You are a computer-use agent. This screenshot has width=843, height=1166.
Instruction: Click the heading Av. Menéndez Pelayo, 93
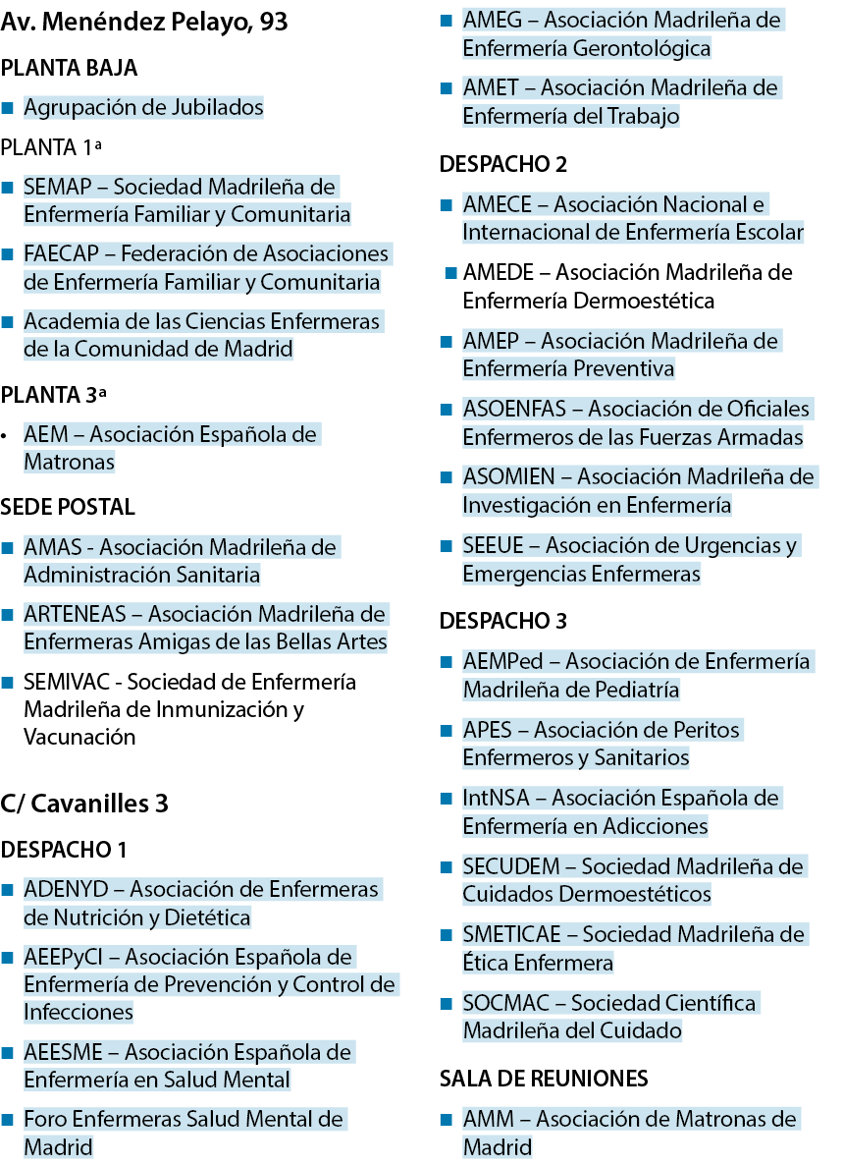pyautogui.click(x=144, y=23)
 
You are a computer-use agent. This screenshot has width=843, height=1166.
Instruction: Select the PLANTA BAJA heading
pyautogui.click(x=69, y=69)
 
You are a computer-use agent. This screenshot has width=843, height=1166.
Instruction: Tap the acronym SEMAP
pyautogui.click(x=58, y=187)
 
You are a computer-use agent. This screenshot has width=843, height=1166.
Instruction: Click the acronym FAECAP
pyautogui.click(x=61, y=254)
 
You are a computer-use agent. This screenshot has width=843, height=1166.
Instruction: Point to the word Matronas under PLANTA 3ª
pyautogui.click(x=69, y=463)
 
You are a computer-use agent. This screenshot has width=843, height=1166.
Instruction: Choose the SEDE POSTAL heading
pyautogui.click(x=68, y=507)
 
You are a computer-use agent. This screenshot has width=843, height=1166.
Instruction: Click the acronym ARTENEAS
pyautogui.click(x=75, y=614)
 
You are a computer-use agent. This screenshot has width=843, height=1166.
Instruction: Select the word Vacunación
pyautogui.click(x=79, y=738)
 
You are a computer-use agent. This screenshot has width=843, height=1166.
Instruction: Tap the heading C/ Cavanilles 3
pyautogui.click(x=84, y=804)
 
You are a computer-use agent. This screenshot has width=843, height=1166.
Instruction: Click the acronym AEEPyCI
pyautogui.click(x=63, y=958)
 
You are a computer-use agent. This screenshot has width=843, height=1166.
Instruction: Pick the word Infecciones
pyautogui.click(x=78, y=1013)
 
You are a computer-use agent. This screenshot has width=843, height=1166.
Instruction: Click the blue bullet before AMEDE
pyautogui.click(x=450, y=273)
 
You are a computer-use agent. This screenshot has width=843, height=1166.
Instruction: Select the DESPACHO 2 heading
pyautogui.click(x=502, y=164)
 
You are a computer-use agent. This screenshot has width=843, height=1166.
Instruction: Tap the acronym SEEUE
pyautogui.click(x=494, y=546)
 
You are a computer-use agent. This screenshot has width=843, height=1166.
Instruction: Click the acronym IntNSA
pyautogui.click(x=497, y=799)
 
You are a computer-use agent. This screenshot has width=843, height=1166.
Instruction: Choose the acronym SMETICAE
pyautogui.click(x=511, y=935)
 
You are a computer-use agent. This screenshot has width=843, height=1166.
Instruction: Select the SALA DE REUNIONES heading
pyautogui.click(x=544, y=1079)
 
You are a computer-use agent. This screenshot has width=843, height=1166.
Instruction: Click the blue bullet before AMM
pyautogui.click(x=447, y=1120)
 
